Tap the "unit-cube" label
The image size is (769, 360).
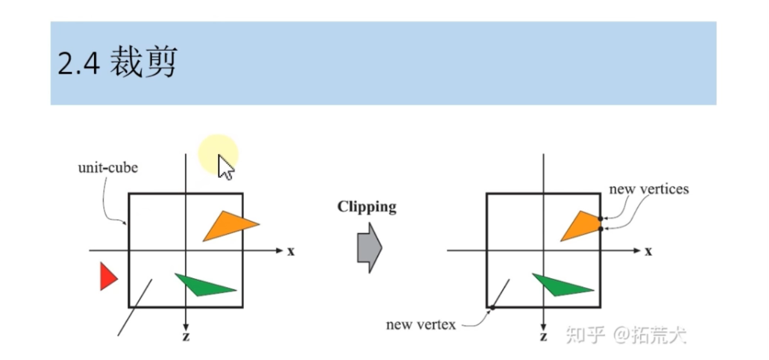108,168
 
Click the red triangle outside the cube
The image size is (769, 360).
108,276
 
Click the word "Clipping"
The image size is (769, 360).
366,206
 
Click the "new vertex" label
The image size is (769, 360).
420,325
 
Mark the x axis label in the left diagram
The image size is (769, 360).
291,251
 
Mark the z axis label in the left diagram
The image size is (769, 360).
186,337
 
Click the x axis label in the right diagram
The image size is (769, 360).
648,251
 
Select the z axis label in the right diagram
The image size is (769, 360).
544,337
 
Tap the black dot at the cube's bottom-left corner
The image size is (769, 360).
492,308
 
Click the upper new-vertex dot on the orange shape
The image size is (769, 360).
600,219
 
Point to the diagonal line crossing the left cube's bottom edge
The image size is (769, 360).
135,307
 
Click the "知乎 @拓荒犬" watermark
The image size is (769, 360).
626,335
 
